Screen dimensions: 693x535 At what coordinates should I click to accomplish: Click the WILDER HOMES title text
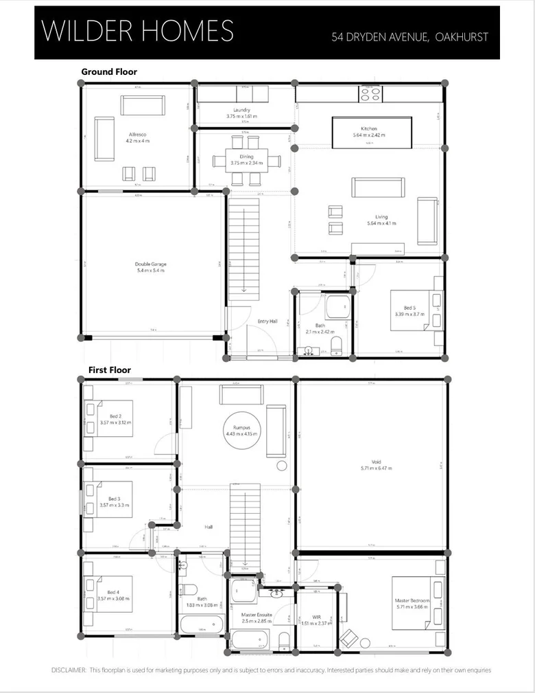coord(137,32)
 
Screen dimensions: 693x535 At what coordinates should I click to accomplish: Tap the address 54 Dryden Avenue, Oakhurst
coord(409,37)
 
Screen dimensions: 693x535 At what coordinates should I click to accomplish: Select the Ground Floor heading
coord(109,71)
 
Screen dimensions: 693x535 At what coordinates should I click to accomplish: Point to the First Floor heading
coord(109,370)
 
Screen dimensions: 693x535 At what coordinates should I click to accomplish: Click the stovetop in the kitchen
coord(371,94)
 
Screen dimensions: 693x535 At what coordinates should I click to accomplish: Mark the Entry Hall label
coord(267,321)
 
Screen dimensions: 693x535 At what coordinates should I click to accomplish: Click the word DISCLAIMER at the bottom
coord(69,670)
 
